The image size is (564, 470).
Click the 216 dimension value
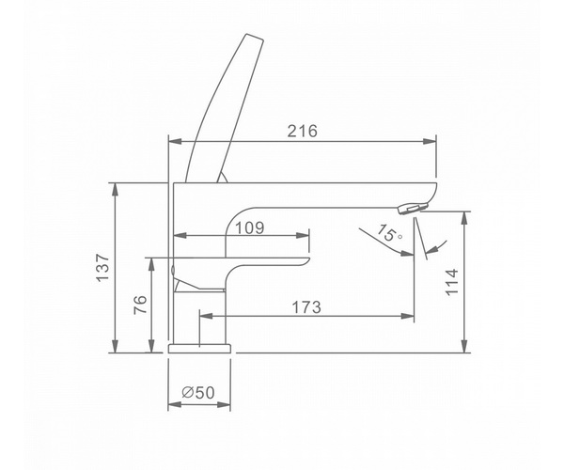click(302, 132)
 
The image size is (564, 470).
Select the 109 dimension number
click(250, 227)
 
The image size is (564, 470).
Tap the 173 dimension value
click(306, 307)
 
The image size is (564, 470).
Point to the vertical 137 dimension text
click(102, 268)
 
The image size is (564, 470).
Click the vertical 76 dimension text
click(140, 305)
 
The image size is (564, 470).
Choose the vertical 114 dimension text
click(452, 282)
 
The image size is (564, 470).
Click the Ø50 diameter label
click(198, 392)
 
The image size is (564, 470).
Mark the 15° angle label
click(389, 233)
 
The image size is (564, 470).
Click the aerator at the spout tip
click(414, 208)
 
